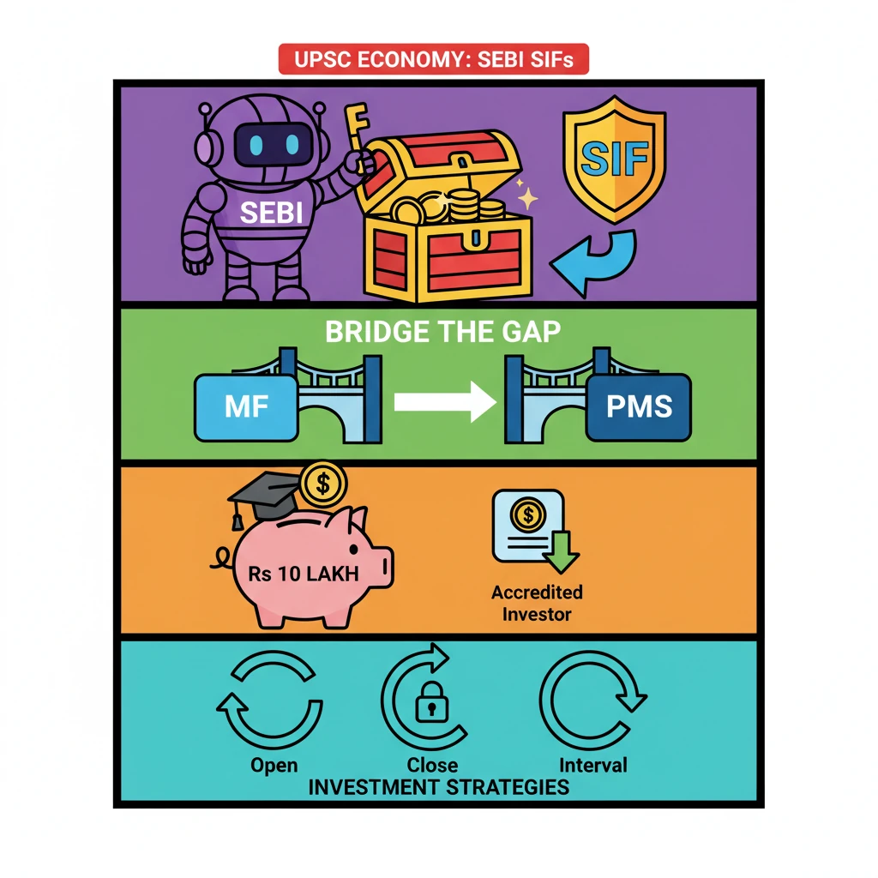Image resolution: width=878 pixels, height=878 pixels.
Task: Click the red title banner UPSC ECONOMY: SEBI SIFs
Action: pyautogui.click(x=433, y=60)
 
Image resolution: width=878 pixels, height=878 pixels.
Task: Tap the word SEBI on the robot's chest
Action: pyautogui.click(x=271, y=212)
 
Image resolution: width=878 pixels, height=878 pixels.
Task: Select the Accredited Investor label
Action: pyautogui.click(x=537, y=603)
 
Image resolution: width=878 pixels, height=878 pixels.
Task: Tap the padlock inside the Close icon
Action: pyautogui.click(x=431, y=705)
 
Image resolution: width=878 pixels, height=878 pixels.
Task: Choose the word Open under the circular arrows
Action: pyautogui.click(x=274, y=765)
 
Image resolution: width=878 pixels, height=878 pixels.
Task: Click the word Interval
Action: pyautogui.click(x=592, y=765)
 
